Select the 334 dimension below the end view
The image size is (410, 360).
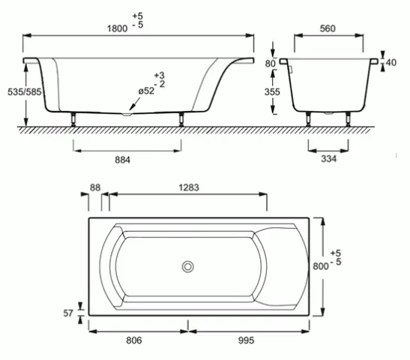(x=328, y=158)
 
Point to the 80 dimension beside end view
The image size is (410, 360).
(x=271, y=63)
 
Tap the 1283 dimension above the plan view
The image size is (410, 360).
(x=187, y=187)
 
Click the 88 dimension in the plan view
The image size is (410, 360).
(x=94, y=187)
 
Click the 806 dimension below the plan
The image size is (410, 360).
(x=132, y=340)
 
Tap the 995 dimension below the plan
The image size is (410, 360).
(x=245, y=340)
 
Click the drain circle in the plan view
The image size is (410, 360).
(x=187, y=266)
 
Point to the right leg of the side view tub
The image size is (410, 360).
(x=181, y=118)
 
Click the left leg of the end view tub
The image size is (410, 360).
(x=308, y=118)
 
